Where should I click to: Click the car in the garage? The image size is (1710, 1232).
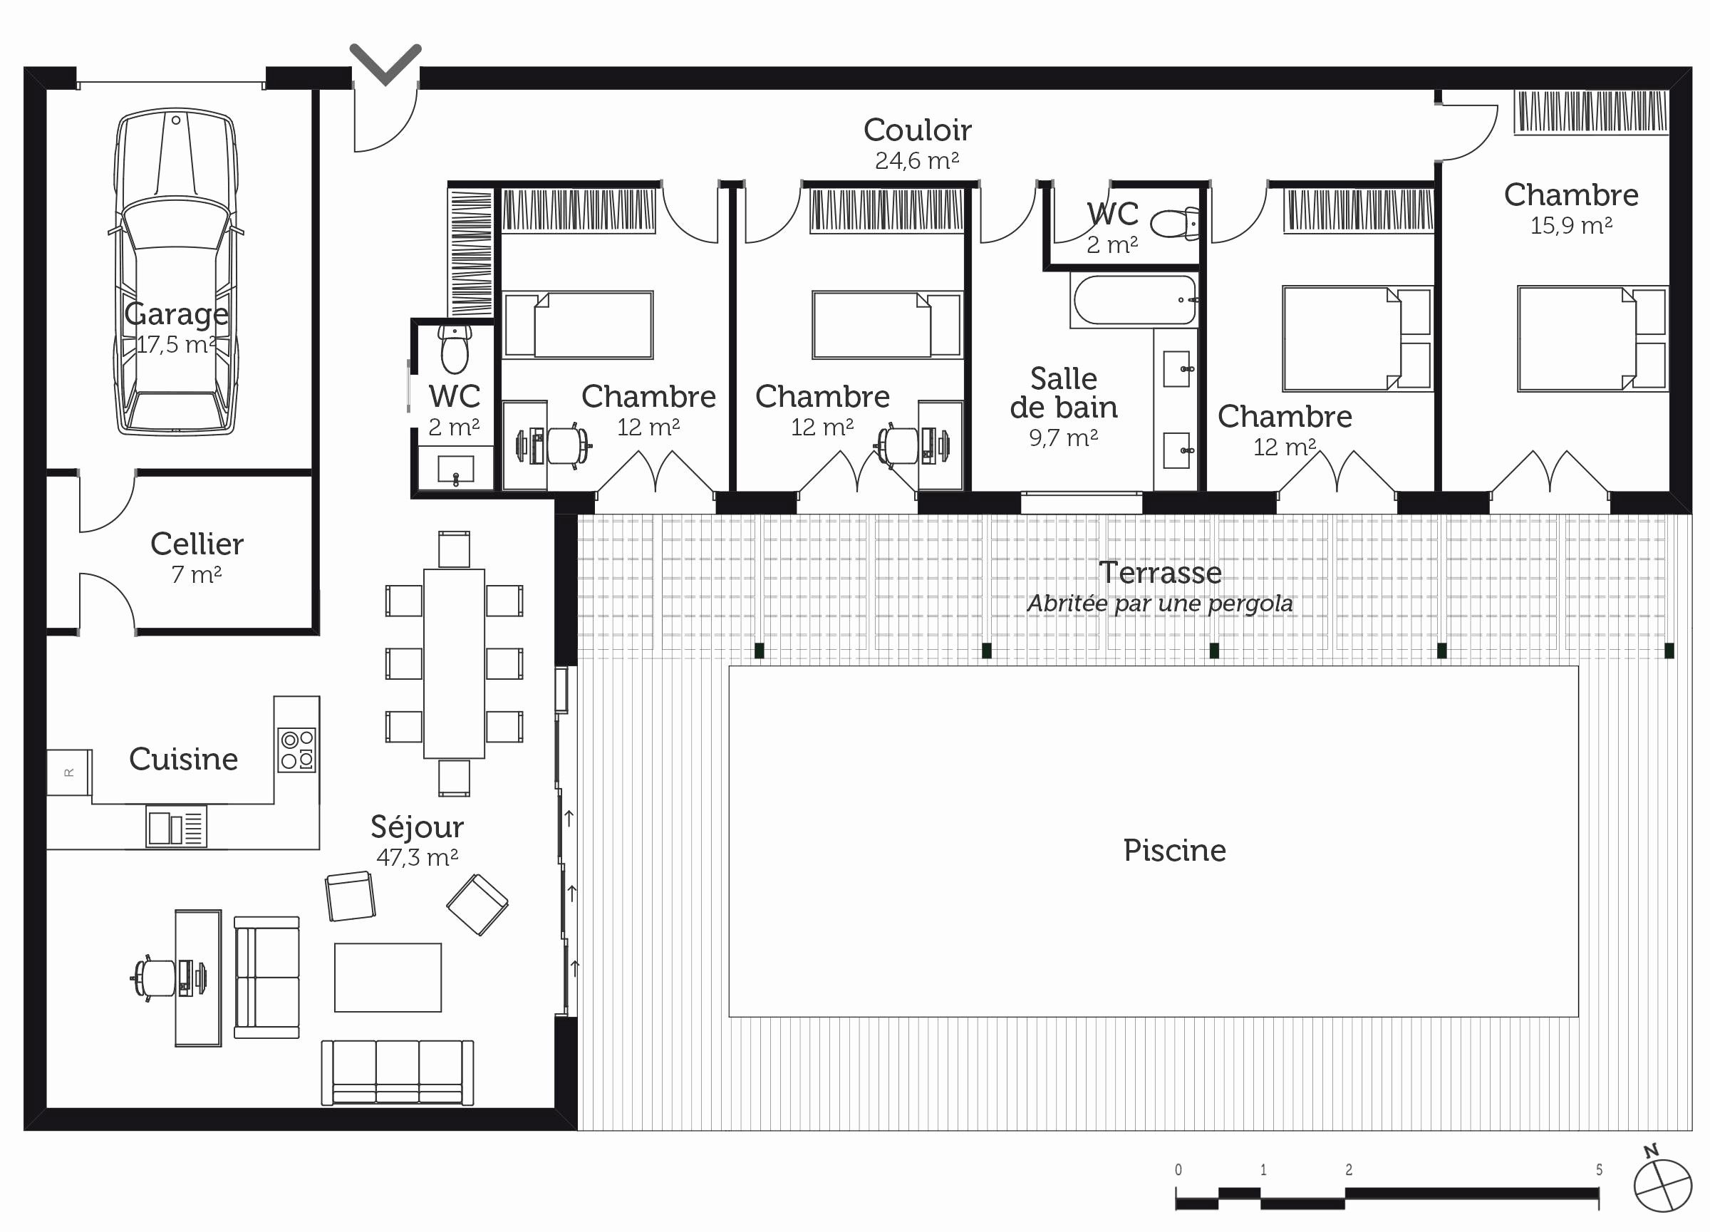tap(176, 271)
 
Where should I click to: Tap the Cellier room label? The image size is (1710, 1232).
tap(197, 544)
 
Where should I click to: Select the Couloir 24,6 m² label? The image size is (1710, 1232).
tap(918, 143)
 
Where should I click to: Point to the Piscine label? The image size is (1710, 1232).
tap(1175, 851)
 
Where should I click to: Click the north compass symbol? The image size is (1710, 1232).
tap(1662, 1184)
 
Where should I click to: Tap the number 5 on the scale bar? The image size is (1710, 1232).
tap(1599, 1169)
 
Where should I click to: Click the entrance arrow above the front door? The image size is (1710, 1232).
tap(385, 64)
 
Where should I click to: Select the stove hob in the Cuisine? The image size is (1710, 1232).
tap(297, 750)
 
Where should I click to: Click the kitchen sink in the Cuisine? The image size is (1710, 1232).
tap(177, 827)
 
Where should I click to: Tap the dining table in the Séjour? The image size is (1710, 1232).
tap(454, 663)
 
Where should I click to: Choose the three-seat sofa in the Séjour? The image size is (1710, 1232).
tap(398, 1072)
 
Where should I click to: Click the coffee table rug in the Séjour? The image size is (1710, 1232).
tap(388, 977)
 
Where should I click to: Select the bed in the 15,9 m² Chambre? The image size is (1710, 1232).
tap(1592, 338)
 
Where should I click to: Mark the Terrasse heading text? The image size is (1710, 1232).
tap(1160, 573)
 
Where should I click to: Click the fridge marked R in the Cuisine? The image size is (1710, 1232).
tap(69, 772)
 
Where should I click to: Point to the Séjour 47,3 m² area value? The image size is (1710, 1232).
tap(417, 857)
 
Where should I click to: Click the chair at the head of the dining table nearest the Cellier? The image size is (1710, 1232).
tap(454, 549)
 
